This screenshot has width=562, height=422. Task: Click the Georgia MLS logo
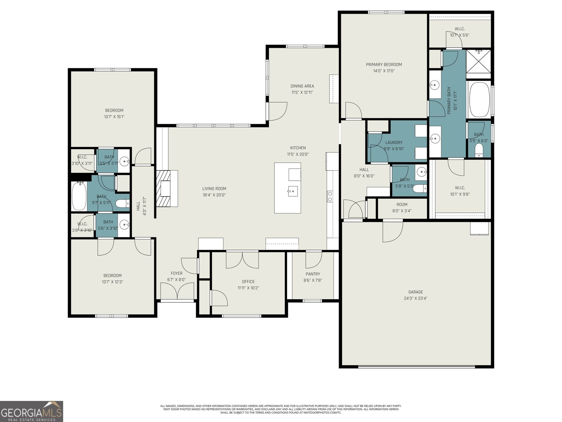tap(31, 411)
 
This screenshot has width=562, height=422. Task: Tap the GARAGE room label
tap(416, 292)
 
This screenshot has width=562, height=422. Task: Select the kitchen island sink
tap(293, 191)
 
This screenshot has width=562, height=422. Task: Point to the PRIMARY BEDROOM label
tap(384, 64)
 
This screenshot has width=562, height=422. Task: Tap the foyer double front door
tap(177, 291)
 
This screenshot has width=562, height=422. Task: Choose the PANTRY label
tap(313, 274)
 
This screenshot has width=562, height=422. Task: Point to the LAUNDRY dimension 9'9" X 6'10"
tap(394, 149)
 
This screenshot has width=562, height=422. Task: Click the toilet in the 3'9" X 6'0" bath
tap(478, 151)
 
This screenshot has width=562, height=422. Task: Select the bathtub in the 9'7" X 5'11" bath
tap(79, 196)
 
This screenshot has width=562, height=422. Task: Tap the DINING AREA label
tap(302, 86)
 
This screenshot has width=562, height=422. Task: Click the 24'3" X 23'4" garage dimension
tap(416, 298)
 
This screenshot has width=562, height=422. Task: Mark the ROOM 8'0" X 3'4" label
tap(402, 207)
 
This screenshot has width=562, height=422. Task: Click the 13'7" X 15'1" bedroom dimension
tap(114, 117)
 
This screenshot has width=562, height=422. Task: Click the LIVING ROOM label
tap(214, 188)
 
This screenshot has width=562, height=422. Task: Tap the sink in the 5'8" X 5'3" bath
tap(421, 172)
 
